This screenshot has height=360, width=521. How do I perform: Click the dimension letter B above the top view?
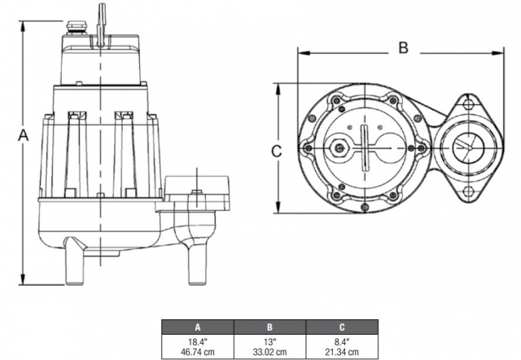point(402,47)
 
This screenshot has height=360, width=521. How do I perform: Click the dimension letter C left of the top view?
point(276,150)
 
